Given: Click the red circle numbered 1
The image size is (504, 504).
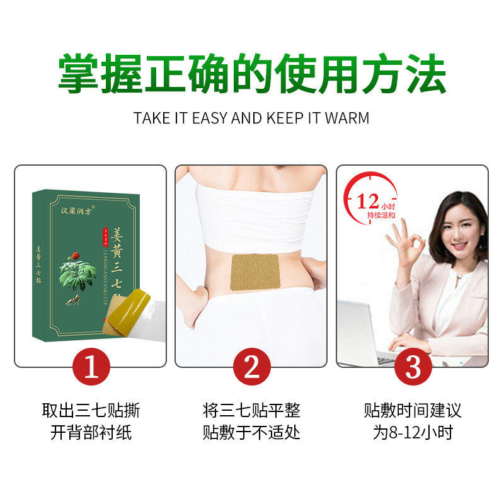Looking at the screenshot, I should [91, 367].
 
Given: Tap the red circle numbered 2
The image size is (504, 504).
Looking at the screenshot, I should [251, 367].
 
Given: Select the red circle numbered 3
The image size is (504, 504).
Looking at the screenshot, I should [412, 367].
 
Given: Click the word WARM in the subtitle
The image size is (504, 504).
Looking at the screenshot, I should [346, 118].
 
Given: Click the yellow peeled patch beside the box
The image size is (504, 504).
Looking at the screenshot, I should [130, 309].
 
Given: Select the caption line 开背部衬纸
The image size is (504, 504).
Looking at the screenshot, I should [91, 433].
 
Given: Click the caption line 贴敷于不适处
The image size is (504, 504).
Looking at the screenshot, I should [251, 433].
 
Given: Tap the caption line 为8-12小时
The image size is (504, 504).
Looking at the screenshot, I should [412, 433].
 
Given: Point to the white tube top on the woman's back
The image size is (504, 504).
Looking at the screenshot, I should [253, 207].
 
